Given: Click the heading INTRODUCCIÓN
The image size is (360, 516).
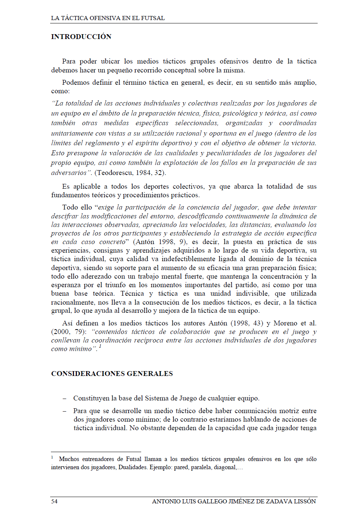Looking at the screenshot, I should tap(81, 37).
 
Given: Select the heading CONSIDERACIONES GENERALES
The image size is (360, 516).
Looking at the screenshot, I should tap(112, 374).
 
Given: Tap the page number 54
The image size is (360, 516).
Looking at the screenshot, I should tap(54, 502).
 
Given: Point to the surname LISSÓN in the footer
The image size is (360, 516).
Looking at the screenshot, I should tap(305, 502).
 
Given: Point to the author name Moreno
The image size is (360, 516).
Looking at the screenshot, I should tap(285, 323).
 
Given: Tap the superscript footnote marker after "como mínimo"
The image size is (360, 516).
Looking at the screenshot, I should tap(100, 347).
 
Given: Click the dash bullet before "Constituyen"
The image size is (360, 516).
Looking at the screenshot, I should tap(65, 399).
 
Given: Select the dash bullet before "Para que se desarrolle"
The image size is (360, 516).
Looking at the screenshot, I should tap(65, 411).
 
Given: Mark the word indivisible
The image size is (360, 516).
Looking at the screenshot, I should tap(252, 293).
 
